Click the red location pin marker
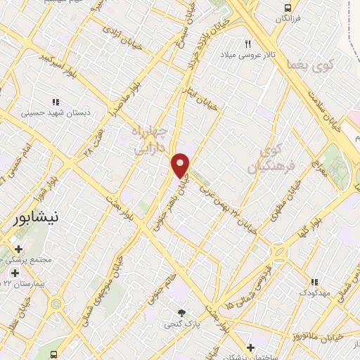point(181,165)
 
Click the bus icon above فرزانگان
point(287,8)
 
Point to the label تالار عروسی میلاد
point(247,53)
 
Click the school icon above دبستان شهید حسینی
point(56,101)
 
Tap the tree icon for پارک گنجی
point(183,313)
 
